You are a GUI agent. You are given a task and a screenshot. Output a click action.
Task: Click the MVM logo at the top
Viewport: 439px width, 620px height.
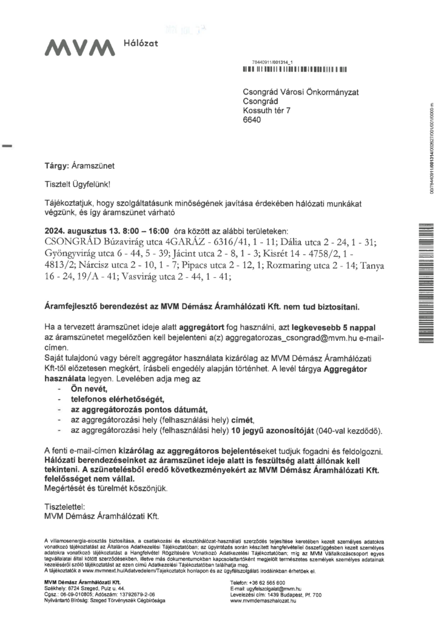click(x=78, y=46)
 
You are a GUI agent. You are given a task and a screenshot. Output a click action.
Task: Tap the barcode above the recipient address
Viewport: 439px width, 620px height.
click(x=294, y=70)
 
